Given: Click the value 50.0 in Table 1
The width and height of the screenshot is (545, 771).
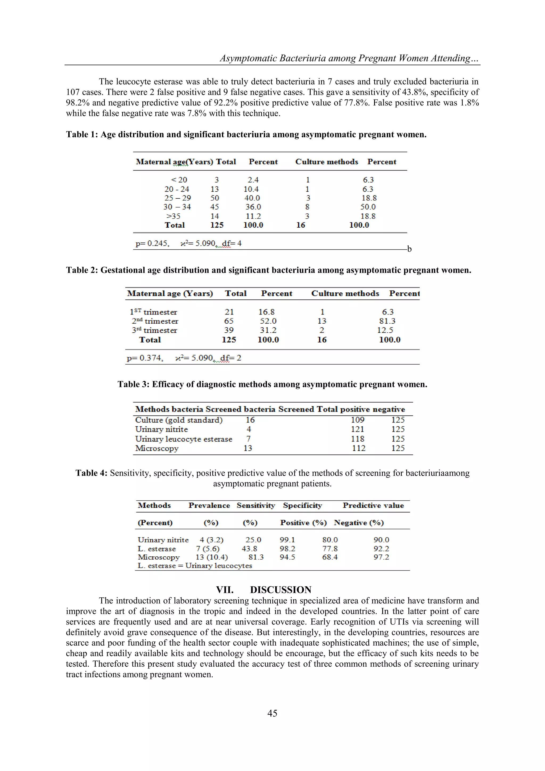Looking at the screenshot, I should tap(368, 207).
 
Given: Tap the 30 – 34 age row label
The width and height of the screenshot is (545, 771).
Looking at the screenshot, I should tap(177, 207).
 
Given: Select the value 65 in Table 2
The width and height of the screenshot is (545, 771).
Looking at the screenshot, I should tap(229, 321).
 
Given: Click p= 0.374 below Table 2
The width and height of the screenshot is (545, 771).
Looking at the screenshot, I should tap(145, 358).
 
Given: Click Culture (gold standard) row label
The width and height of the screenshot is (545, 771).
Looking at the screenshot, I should tap(179, 420).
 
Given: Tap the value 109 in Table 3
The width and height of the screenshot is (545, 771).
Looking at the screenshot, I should tap(357, 420).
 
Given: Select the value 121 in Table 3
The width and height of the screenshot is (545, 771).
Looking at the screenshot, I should tap(357, 429).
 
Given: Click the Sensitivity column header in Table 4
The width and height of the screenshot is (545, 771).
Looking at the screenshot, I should tap(256, 505).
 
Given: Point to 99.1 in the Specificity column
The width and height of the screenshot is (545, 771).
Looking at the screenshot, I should tap(287, 540).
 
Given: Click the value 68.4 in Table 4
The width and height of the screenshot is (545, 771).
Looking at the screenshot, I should tap(330, 557).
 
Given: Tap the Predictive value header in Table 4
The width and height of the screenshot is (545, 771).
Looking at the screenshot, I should tap(373, 505).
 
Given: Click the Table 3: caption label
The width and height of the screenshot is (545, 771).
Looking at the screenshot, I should tap(133, 384).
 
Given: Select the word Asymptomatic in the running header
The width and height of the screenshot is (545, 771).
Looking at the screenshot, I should tap(248, 58).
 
